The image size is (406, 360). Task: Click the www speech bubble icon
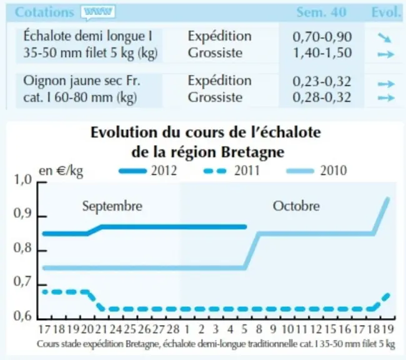coord(98,12)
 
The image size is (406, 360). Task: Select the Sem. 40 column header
coord(321,12)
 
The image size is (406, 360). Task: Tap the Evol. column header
coord(386,12)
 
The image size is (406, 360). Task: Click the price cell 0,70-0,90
coord(322,37)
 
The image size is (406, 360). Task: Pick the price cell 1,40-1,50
coord(322,53)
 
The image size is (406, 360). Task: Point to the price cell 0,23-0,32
coord(322,81)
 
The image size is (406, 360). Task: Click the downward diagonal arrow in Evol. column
coord(385,38)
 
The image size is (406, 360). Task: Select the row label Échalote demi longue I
coord(88,36)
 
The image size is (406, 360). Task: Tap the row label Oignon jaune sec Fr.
coord(82,81)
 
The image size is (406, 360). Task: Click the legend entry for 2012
coord(148,171)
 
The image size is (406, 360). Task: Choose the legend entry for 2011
coord(231,171)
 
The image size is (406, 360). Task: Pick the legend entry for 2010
coord(317,171)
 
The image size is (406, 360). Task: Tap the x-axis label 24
coord(116,329)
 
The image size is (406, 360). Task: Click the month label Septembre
coord(112,206)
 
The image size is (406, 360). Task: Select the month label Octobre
coord(296,206)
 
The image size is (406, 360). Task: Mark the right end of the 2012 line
coord(245,227)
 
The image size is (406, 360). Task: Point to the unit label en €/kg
coord(61,171)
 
